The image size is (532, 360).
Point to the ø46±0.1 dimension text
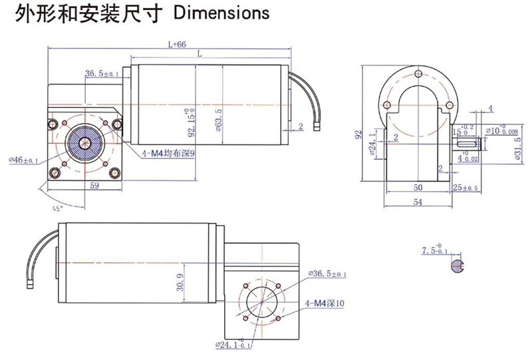click(x=24, y=160)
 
